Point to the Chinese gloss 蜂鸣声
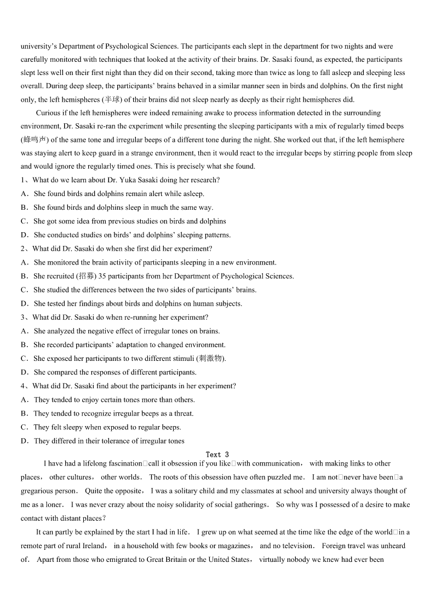pyautogui.click(x=36, y=140)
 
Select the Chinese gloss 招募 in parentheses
pyautogui.click(x=86, y=276)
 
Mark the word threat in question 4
pyautogui.click(x=184, y=413)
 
